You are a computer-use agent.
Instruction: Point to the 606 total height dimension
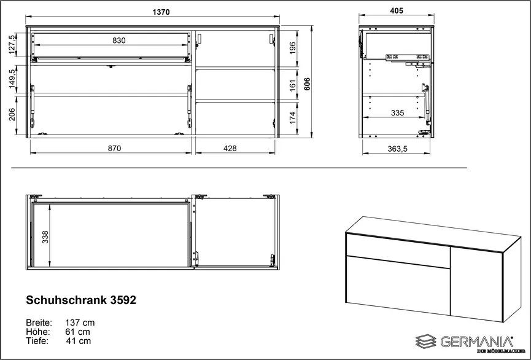[316, 84]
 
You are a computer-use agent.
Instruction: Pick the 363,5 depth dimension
[396, 148]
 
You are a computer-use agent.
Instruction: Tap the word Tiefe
[37, 341]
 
